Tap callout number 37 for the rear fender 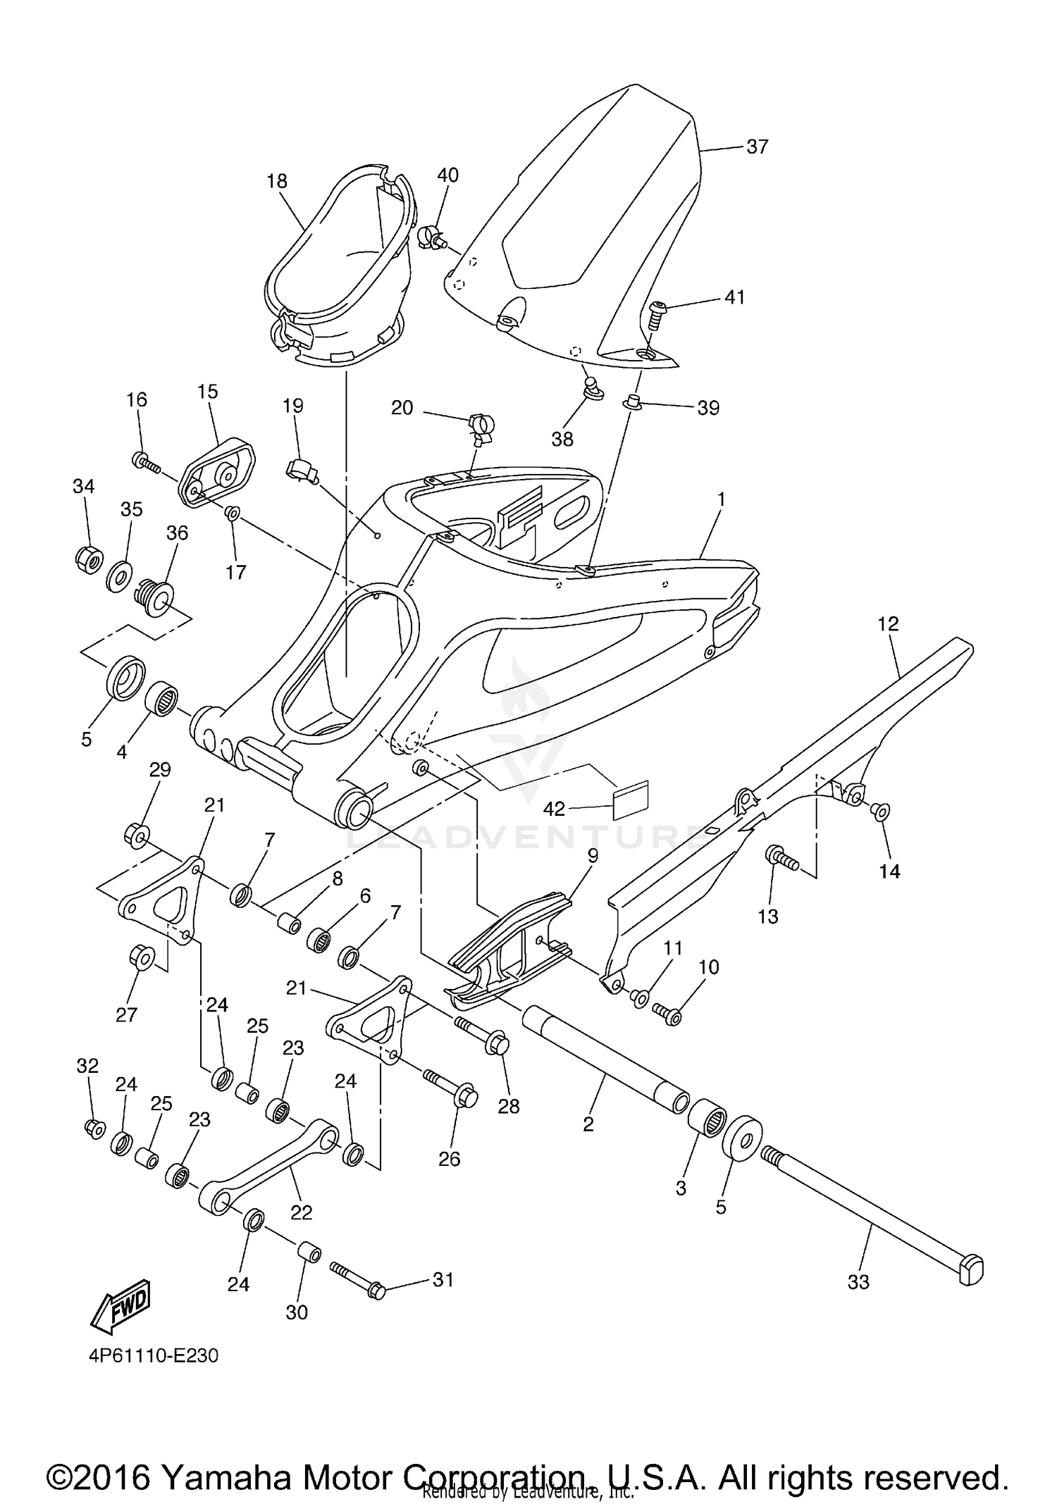point(757,147)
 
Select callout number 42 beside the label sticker point(554,809)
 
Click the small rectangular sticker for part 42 point(631,800)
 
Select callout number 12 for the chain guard point(889,624)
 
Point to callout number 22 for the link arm point(302,1212)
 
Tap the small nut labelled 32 point(92,1129)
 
